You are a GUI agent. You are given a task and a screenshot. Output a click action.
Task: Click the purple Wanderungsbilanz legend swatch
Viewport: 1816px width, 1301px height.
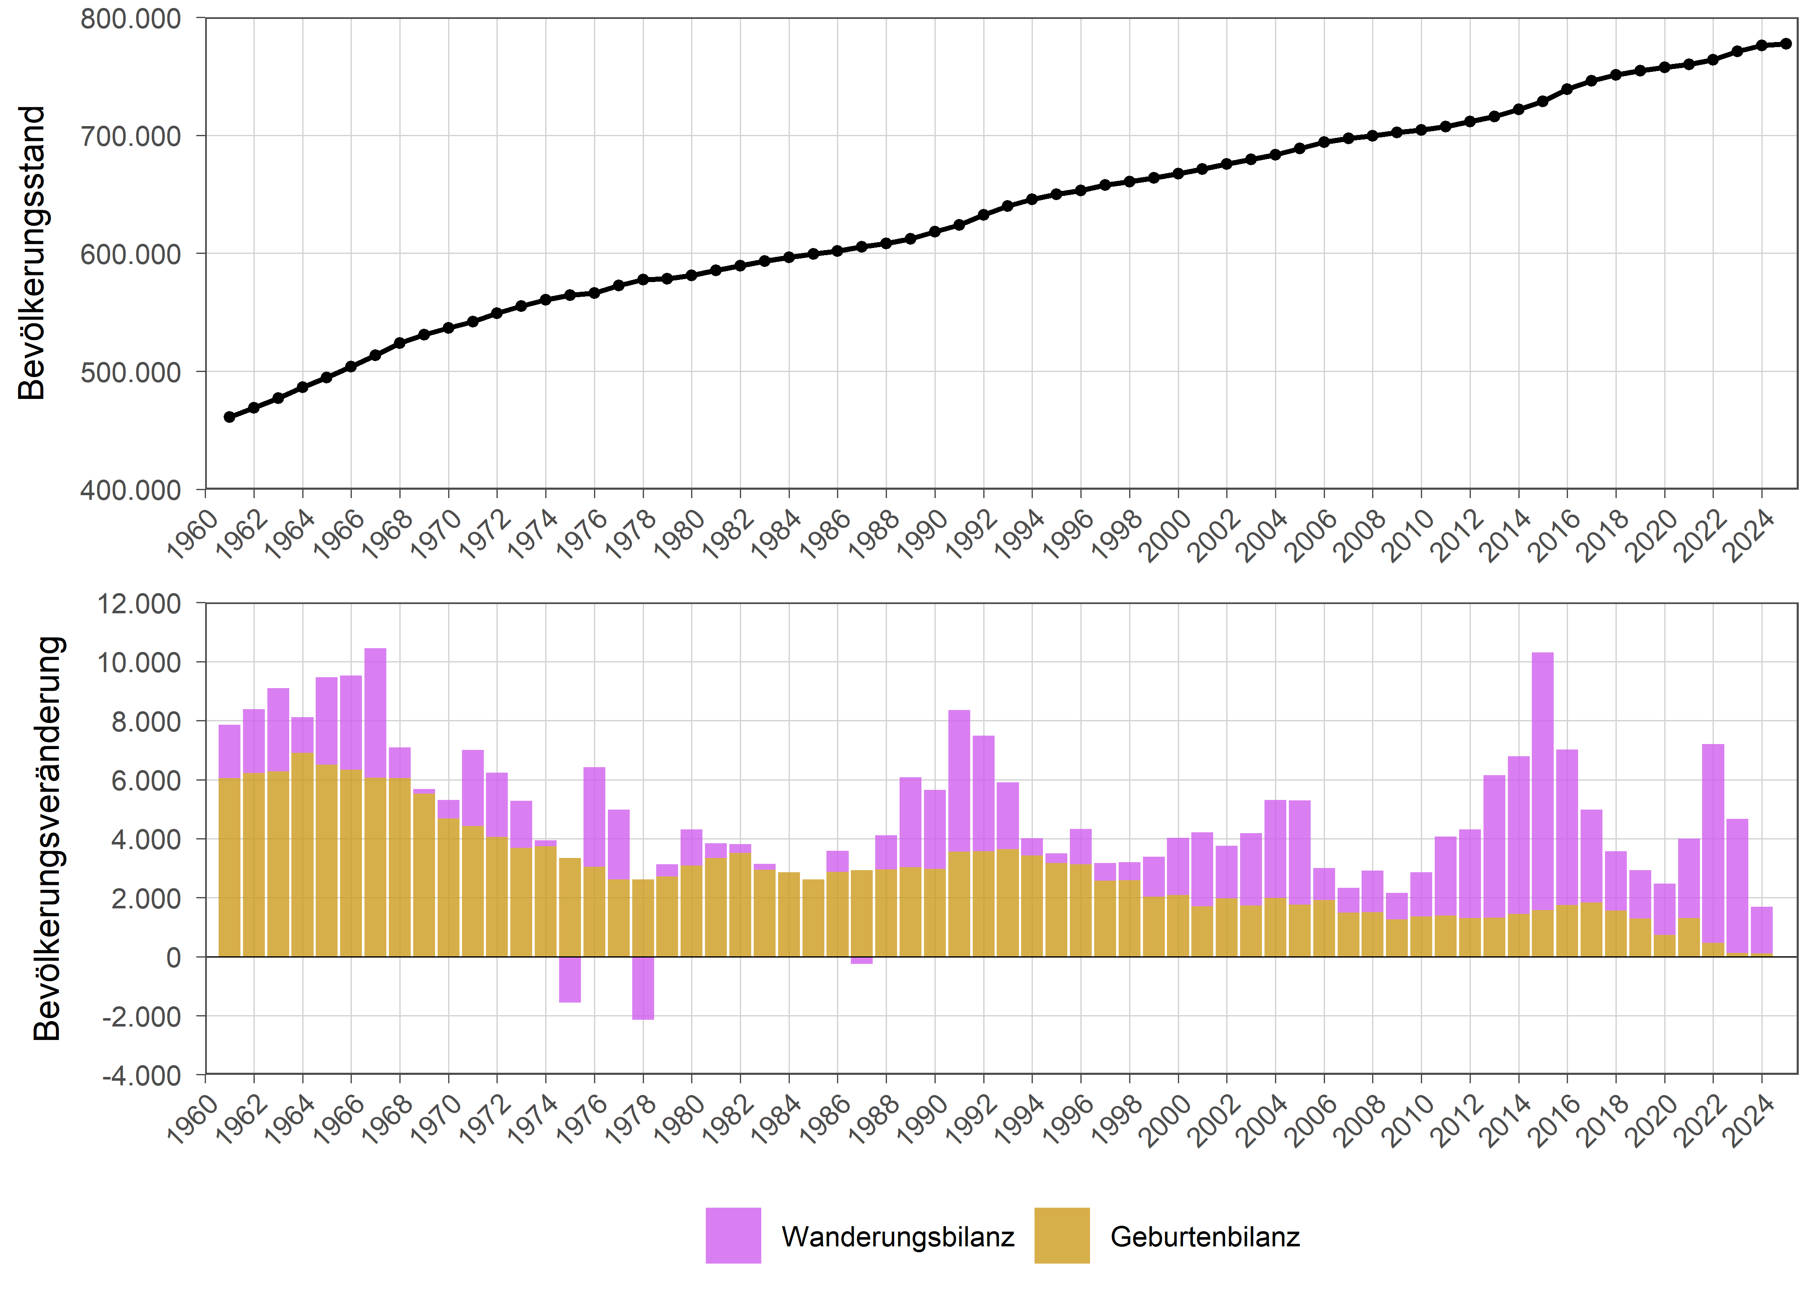pyautogui.click(x=733, y=1235)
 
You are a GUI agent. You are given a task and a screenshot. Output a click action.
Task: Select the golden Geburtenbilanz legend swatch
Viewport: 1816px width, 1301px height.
pyautogui.click(x=1062, y=1235)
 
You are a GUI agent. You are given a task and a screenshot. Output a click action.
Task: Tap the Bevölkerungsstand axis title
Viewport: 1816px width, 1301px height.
pyautogui.click(x=32, y=253)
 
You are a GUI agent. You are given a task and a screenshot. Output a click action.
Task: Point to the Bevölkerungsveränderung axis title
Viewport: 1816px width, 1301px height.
pyautogui.click(x=48, y=838)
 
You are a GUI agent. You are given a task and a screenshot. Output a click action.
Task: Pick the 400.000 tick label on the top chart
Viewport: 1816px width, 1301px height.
pyautogui.click(x=130, y=490)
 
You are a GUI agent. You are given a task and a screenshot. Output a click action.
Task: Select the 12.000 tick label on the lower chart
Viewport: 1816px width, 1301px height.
pyautogui.click(x=139, y=604)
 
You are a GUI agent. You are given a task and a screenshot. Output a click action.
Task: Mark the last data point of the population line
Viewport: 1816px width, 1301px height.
pyautogui.click(x=1786, y=44)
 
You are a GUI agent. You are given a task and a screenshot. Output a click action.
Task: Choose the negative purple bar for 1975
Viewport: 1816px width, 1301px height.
pyautogui.click(x=570, y=979)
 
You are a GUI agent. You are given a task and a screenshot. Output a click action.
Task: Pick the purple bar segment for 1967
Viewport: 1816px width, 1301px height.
pyautogui.click(x=375, y=713)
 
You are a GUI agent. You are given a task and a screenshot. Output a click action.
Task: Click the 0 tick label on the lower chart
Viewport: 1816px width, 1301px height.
pyautogui.click(x=173, y=958)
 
